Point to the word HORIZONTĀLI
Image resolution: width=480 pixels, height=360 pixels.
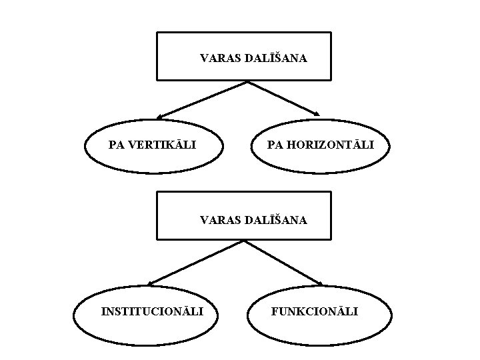(329, 145)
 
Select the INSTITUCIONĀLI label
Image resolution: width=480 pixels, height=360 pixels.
(152, 311)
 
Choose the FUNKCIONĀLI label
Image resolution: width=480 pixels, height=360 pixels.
(315, 311)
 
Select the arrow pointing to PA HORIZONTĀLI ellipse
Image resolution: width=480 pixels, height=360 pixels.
(283, 98)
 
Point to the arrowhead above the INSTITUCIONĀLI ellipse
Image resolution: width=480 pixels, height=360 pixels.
(150, 283)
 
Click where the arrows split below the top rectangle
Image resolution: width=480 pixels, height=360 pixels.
(247, 82)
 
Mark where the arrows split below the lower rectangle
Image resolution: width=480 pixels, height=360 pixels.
(244, 241)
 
